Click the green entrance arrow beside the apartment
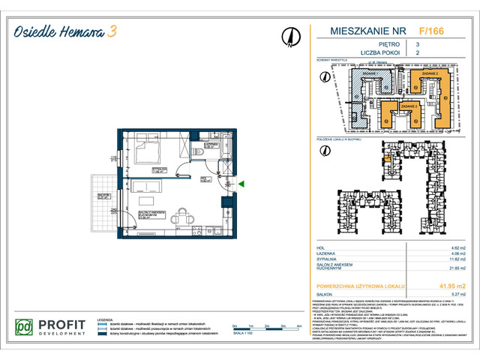click(241, 183)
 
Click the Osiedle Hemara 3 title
click(63, 31)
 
